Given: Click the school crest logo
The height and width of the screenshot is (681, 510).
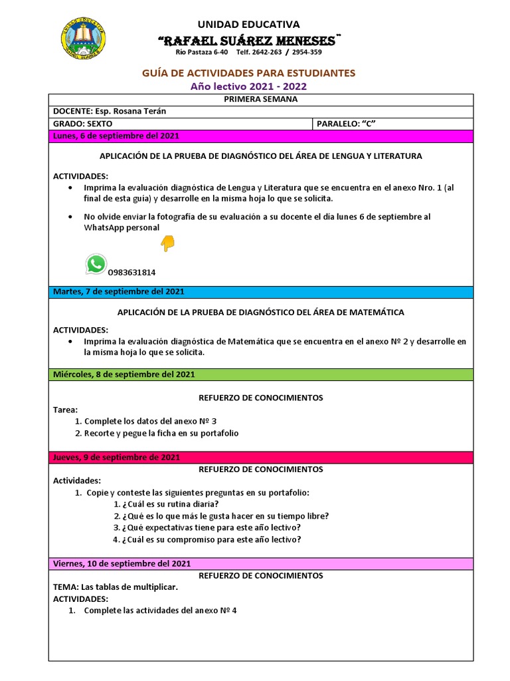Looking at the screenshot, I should (x=84, y=37).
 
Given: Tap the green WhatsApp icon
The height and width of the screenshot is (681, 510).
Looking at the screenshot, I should (x=96, y=264).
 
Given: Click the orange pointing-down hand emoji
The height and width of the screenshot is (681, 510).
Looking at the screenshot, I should (x=167, y=244).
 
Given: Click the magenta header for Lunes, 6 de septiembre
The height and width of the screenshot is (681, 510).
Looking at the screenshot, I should (x=260, y=136).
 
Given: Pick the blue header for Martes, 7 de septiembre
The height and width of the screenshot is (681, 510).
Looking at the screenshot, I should (x=260, y=291).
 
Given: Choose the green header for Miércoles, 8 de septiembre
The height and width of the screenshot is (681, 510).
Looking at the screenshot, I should (x=260, y=374).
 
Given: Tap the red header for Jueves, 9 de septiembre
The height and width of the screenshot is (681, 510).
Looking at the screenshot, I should (x=260, y=458).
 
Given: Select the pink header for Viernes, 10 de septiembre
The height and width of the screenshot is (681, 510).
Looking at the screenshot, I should (x=260, y=564).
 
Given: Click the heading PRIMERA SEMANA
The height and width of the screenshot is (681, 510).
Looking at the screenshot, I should (x=260, y=99).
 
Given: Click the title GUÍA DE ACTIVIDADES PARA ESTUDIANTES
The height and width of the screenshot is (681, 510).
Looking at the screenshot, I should (x=249, y=72).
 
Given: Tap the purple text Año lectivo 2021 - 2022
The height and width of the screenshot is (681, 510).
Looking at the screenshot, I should (x=249, y=86).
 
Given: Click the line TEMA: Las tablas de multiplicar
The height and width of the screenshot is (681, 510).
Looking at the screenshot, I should (x=116, y=587).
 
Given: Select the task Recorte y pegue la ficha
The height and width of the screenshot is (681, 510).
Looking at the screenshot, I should (x=156, y=433).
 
